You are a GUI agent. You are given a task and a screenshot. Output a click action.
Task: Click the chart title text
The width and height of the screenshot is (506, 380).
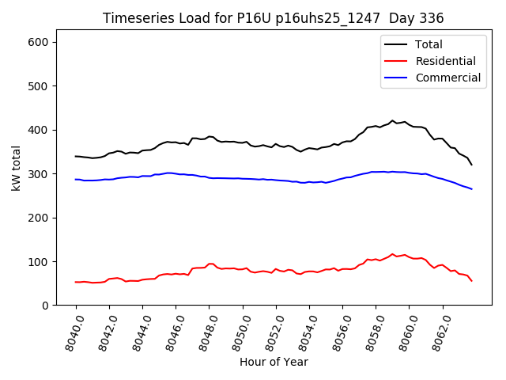pyautogui.click(x=273, y=18)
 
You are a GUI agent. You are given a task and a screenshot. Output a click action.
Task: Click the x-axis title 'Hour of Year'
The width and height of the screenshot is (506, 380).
pyautogui.click(x=274, y=362)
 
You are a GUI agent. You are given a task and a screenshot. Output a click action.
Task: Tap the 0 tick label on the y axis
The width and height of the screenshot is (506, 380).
pyautogui.click(x=48, y=306)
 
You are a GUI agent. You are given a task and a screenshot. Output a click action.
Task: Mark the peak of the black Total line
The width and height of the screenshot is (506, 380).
pyautogui.click(x=392, y=120)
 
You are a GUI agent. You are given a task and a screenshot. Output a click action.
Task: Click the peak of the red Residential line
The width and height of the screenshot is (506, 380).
pyautogui.click(x=392, y=254)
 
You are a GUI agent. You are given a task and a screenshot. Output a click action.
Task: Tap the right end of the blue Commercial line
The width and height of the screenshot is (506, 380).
pyautogui.click(x=472, y=188)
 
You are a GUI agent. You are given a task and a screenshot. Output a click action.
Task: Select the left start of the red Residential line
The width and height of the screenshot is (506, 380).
pyautogui.click(x=76, y=282)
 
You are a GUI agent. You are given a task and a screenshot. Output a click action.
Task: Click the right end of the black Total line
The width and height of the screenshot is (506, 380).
pyautogui.click(x=472, y=165)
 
